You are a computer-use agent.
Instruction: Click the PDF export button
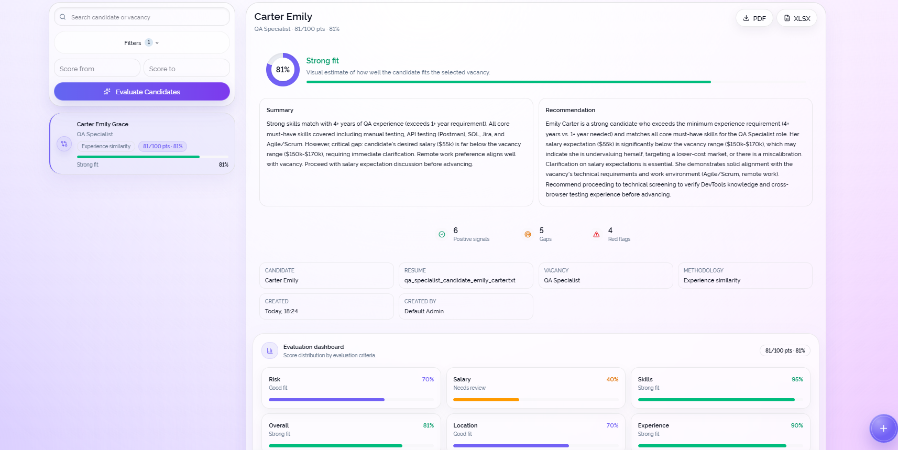(754, 18)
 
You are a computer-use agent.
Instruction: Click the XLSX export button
(796, 18)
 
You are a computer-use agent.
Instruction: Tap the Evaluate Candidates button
(142, 92)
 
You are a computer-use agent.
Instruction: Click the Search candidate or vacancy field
(142, 17)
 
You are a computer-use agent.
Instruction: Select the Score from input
(97, 69)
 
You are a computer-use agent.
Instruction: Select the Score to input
(187, 69)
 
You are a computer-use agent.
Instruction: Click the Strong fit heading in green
(322, 61)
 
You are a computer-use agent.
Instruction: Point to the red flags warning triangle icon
(597, 235)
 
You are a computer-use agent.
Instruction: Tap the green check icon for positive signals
(442, 235)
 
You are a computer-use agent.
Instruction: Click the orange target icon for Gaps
(528, 235)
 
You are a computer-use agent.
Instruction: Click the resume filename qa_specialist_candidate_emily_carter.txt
(460, 280)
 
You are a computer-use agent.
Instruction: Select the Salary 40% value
(612, 379)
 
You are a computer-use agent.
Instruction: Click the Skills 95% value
(797, 379)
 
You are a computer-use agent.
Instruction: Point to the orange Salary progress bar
(486, 400)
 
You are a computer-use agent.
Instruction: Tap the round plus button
(883, 429)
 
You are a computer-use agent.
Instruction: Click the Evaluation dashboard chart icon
(270, 350)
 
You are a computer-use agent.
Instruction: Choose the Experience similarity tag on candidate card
(106, 147)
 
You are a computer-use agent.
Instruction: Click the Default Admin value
(424, 311)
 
